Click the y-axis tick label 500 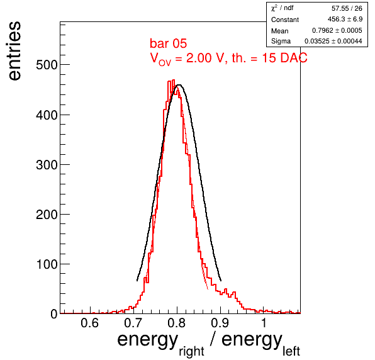tap(47, 65)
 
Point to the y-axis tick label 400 tap(47, 115)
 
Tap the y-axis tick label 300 tap(47, 165)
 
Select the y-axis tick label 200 tap(47, 215)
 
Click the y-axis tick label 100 tap(47, 264)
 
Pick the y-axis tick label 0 tap(54, 314)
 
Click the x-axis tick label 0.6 tap(89, 323)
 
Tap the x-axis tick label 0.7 tap(133, 323)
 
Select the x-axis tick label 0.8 tap(177, 323)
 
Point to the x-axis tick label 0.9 tap(220, 323)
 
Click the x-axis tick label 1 tap(264, 323)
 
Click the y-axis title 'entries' tap(14, 51)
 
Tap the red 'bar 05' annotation tap(168, 43)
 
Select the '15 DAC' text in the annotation tap(284, 58)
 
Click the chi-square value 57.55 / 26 tap(347, 8)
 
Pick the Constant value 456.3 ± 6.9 tap(345, 19)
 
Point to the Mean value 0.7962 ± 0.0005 tap(337, 30)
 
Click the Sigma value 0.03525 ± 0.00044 tap(333, 41)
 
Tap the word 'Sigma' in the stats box tap(281, 41)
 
